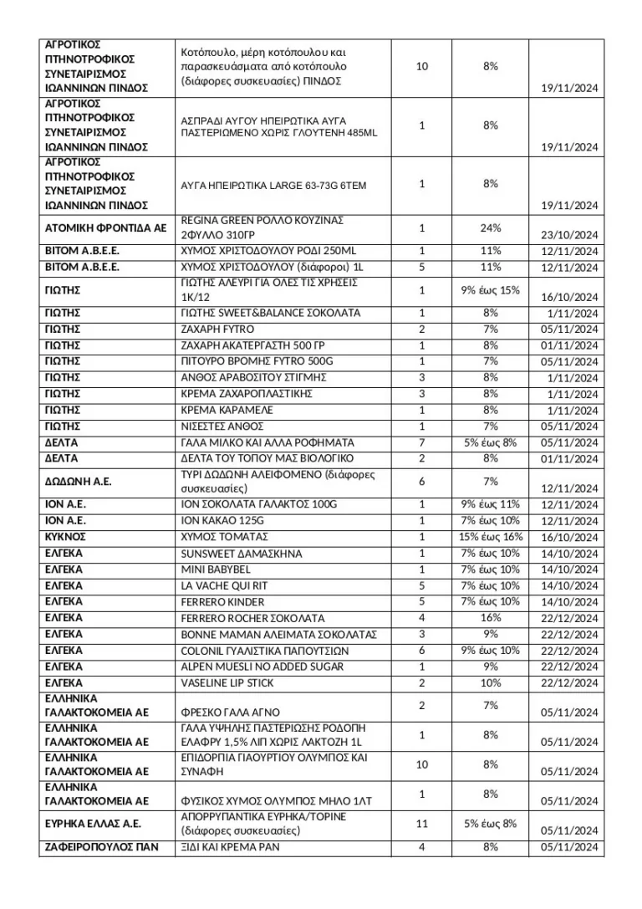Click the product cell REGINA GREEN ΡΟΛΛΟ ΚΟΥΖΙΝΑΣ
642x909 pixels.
point(262,227)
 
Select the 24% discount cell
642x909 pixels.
point(490,227)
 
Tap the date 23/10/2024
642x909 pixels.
point(569,235)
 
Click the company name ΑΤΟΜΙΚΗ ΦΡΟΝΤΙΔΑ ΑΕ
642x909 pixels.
point(105,227)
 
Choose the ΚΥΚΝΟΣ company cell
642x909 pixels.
point(65,537)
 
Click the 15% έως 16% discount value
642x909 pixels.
point(490,537)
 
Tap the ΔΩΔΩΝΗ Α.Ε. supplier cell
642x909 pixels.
point(79,482)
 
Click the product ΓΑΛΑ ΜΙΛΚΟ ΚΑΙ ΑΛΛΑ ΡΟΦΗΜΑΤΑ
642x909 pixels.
point(267,442)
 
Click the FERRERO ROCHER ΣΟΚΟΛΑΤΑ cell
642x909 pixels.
point(252,618)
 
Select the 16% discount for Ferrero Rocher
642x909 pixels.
point(490,618)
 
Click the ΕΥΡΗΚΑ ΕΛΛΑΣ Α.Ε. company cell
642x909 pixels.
point(93,824)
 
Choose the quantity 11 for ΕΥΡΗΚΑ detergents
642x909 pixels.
point(421,824)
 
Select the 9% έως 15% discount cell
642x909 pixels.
point(490,290)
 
